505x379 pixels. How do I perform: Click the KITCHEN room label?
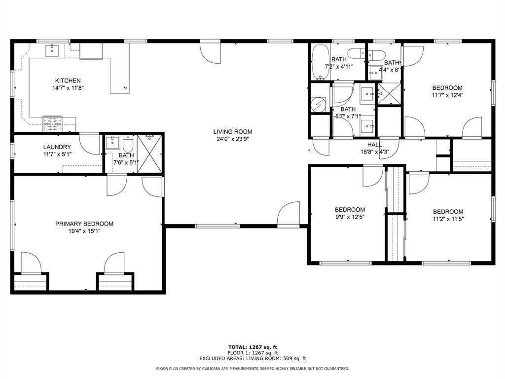(68, 80)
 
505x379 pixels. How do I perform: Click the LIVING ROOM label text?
(233, 132)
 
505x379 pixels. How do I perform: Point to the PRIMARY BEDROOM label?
(84, 224)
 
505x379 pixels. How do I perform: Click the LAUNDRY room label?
(57, 147)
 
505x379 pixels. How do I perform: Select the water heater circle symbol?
(320, 105)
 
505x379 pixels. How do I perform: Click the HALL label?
(374, 145)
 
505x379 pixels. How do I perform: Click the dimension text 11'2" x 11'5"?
(448, 220)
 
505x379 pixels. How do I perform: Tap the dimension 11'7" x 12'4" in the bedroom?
(447, 95)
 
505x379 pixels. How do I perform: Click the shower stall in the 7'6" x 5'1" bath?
(150, 153)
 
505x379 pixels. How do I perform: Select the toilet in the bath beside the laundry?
(128, 145)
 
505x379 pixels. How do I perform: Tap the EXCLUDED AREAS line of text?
(252, 359)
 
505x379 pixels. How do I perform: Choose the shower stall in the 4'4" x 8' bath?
(388, 93)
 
